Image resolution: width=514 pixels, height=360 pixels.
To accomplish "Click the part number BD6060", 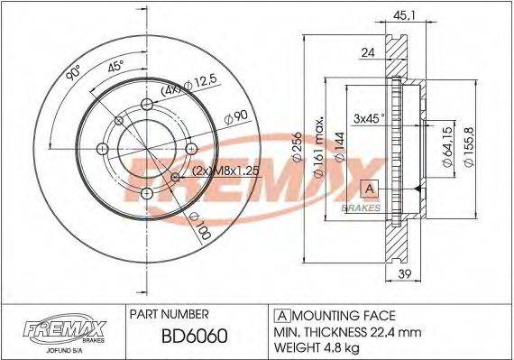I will tap(194, 337).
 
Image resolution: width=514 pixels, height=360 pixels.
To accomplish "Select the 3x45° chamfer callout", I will tap(370, 118).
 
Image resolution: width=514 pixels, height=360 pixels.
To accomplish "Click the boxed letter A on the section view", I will tap(369, 189).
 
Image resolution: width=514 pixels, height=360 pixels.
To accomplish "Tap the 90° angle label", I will tap(73, 75).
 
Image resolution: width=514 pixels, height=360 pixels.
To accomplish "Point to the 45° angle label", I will tap(115, 66).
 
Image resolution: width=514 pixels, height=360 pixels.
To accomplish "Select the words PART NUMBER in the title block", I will tap(170, 314).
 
